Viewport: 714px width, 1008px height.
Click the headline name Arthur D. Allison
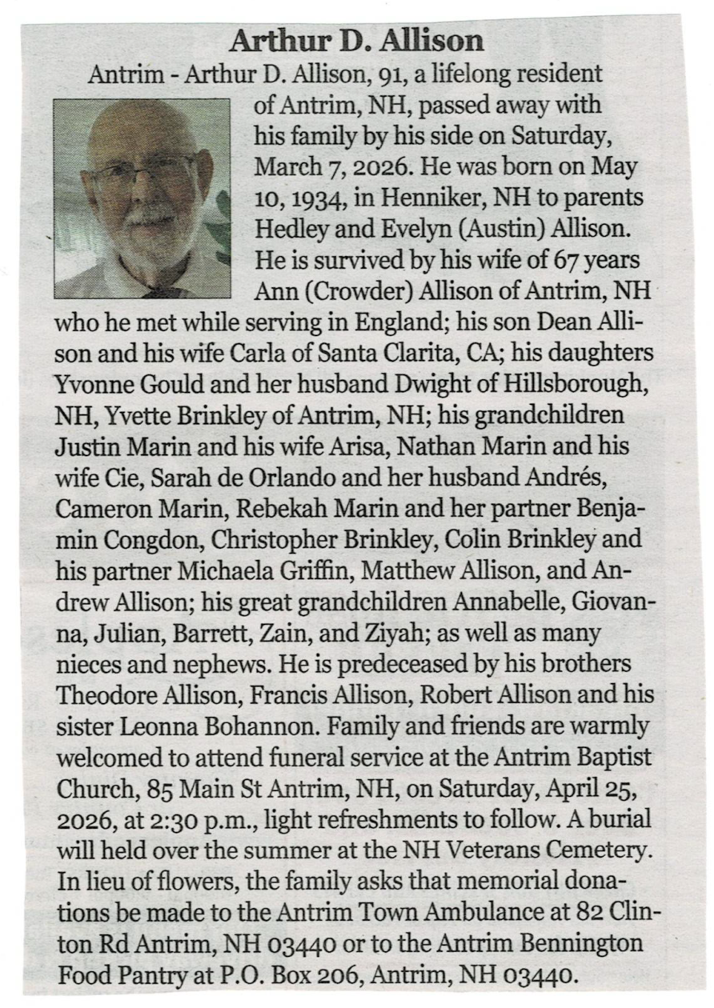356,40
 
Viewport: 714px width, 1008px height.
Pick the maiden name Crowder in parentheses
347,292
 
